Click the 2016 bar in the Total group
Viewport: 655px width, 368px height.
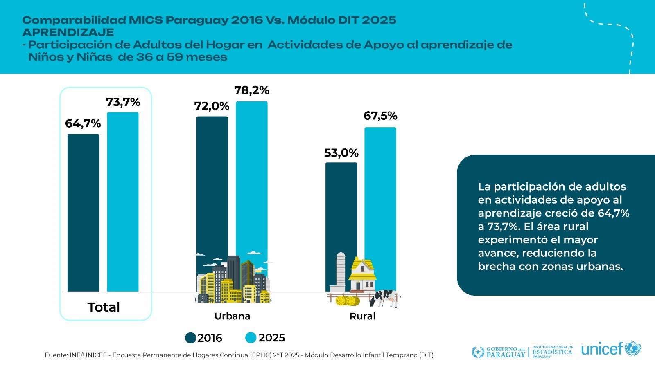(83, 213)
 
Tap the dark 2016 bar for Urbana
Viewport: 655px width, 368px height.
(212, 184)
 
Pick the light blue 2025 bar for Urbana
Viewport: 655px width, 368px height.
(252, 176)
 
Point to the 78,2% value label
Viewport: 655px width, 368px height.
(251, 90)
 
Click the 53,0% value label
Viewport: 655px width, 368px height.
(341, 153)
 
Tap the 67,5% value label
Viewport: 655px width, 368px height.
(380, 116)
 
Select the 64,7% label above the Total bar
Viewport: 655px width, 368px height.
(83, 123)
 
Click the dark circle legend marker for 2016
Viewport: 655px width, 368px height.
(190, 338)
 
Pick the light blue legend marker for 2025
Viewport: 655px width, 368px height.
(251, 338)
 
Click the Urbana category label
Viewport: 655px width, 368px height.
(232, 316)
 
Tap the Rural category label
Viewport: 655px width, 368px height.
(362, 316)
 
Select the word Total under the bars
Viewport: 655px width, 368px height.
(104, 307)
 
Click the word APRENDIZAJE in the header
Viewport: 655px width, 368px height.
(68, 32)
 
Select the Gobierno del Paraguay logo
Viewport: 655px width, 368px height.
(499, 352)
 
